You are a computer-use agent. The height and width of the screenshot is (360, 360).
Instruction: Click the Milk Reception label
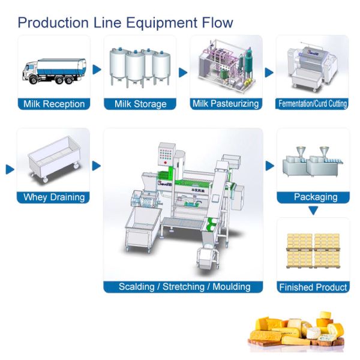(54, 104)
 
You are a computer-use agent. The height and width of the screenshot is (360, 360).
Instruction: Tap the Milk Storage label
(140, 104)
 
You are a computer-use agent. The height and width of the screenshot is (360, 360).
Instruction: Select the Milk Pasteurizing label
(226, 104)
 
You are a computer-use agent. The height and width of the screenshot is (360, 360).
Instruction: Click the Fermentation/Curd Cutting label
(313, 104)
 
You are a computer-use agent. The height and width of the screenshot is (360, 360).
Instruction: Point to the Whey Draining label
(54, 197)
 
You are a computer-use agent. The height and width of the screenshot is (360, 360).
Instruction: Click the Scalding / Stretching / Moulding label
(184, 287)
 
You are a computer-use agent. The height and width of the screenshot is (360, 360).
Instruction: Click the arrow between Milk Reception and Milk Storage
(97, 70)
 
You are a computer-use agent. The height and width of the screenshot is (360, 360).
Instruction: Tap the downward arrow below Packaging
(313, 210)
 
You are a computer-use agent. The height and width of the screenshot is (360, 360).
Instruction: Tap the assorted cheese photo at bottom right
(298, 330)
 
